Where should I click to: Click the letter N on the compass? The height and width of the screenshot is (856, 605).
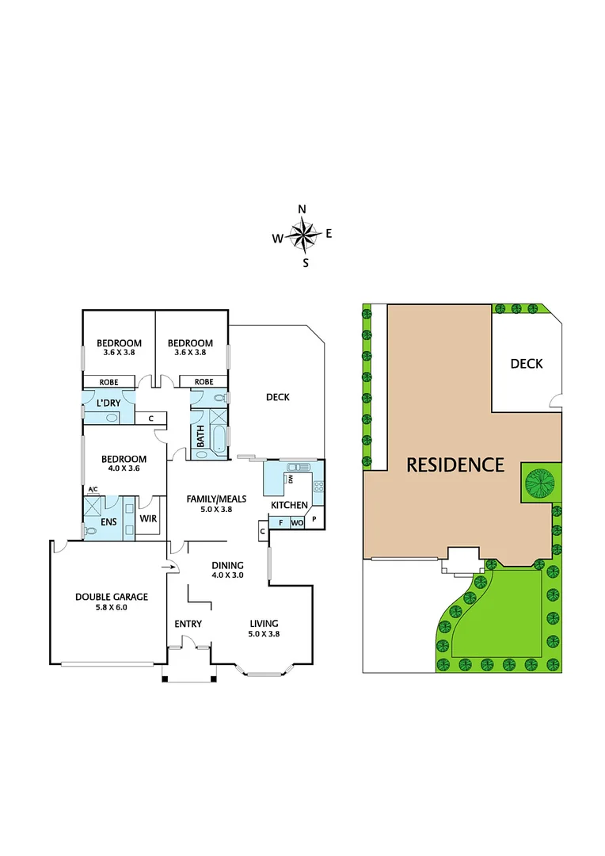(x=302, y=208)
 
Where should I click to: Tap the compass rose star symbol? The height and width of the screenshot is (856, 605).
(x=302, y=235)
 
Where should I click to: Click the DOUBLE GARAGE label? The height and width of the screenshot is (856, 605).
(x=112, y=597)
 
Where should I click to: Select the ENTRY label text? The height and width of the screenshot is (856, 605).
(x=188, y=624)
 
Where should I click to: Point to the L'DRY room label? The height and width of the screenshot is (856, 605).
(x=108, y=403)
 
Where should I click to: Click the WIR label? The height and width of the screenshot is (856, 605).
(x=148, y=519)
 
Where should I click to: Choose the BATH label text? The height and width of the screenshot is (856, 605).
(x=200, y=438)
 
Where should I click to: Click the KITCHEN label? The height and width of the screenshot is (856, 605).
(x=289, y=505)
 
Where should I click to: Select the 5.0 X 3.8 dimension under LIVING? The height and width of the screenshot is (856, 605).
(x=264, y=634)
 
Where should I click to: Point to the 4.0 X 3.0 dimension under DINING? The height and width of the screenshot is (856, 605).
(x=227, y=575)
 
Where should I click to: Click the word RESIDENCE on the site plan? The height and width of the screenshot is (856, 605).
(x=455, y=464)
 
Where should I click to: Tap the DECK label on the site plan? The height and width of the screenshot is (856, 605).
(x=526, y=364)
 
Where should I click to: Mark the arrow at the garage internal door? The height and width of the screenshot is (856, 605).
(x=170, y=566)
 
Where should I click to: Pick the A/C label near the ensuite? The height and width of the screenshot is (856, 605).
(x=92, y=489)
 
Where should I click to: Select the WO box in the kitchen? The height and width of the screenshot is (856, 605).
(x=297, y=523)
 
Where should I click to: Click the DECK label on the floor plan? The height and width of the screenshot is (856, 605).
(x=277, y=397)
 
